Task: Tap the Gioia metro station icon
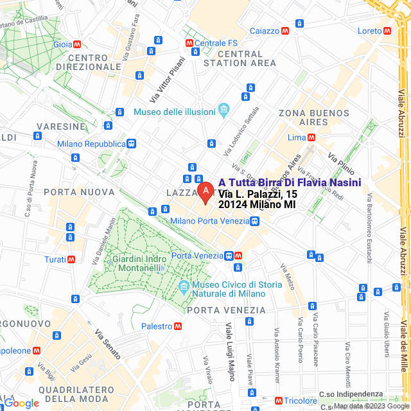[x=77, y=44]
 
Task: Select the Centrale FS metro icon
[x=189, y=43]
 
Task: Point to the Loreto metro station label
[x=369, y=30]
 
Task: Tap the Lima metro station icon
[x=311, y=137]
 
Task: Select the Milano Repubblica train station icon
[x=131, y=143]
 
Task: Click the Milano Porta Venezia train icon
[x=255, y=221]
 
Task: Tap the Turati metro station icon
[x=71, y=259]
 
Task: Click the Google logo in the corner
[x=21, y=403]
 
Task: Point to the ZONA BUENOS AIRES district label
[x=308, y=118]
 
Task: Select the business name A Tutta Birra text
[x=290, y=183]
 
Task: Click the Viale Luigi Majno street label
[x=229, y=350]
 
